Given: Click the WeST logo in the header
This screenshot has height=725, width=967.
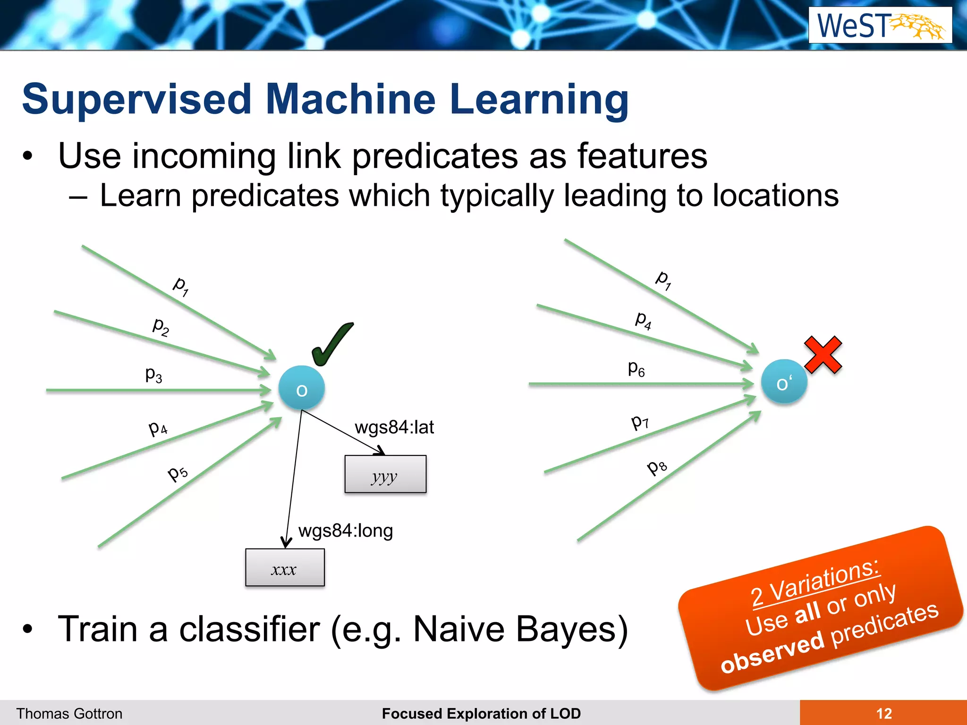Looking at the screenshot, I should [x=880, y=25].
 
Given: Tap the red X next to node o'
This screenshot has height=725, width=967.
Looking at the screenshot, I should [x=823, y=355].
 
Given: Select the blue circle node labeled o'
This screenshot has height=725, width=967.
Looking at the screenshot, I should [x=784, y=382].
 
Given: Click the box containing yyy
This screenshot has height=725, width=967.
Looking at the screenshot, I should [x=385, y=474].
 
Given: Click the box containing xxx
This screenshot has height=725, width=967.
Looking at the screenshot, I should [x=285, y=567].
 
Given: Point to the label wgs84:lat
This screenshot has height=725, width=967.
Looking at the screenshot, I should [x=394, y=427].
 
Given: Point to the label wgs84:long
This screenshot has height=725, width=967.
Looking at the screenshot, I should [x=346, y=531].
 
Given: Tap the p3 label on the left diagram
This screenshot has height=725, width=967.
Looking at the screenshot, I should [x=153, y=374].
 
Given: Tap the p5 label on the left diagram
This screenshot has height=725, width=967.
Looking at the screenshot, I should [x=178, y=472].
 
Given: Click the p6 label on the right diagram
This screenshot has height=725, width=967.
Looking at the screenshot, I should [x=636, y=368].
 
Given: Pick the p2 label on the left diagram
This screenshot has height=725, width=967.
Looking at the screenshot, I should [x=161, y=326].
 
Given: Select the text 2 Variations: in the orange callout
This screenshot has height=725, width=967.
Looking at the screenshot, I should [x=815, y=583].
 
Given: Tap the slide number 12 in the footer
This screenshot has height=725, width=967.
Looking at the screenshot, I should [x=883, y=713].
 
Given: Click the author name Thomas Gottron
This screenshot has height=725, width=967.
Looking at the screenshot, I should [x=69, y=713].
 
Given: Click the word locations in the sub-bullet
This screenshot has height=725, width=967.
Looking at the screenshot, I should [x=775, y=195].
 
